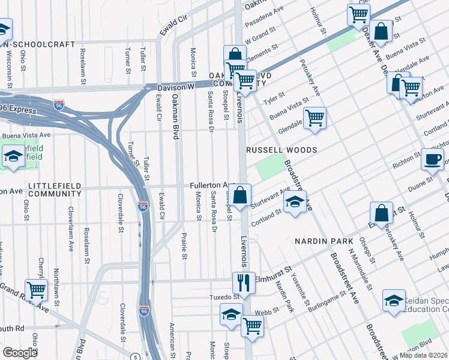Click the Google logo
tap(20, 353)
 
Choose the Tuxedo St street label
tap(223, 296)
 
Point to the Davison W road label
tap(175, 88)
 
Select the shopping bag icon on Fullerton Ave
tap(240, 196)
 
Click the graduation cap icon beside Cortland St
tap(295, 203)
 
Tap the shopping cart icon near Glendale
tap(315, 118)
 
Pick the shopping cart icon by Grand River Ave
tap(36, 290)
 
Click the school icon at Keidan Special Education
tap(394, 302)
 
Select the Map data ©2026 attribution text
tap(424, 355)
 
